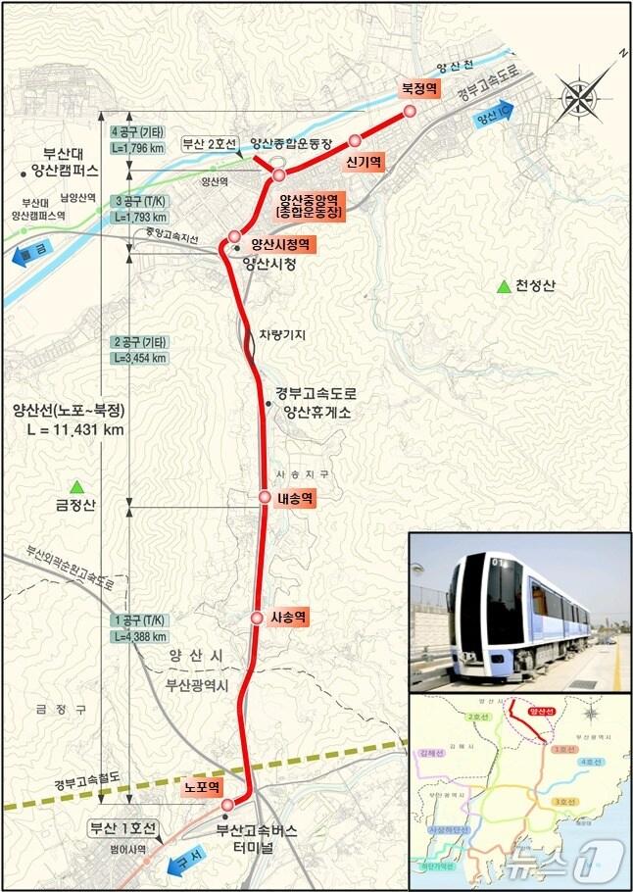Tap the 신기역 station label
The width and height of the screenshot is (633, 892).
pyautogui.click(x=363, y=161)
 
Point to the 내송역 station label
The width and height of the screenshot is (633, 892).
pyautogui.click(x=295, y=498)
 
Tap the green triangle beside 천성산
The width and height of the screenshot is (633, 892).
pyautogui.click(x=504, y=286)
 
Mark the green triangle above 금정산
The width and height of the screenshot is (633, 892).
pyautogui.click(x=77, y=486)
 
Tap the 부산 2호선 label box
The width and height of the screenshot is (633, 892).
pyautogui.click(x=210, y=144)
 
